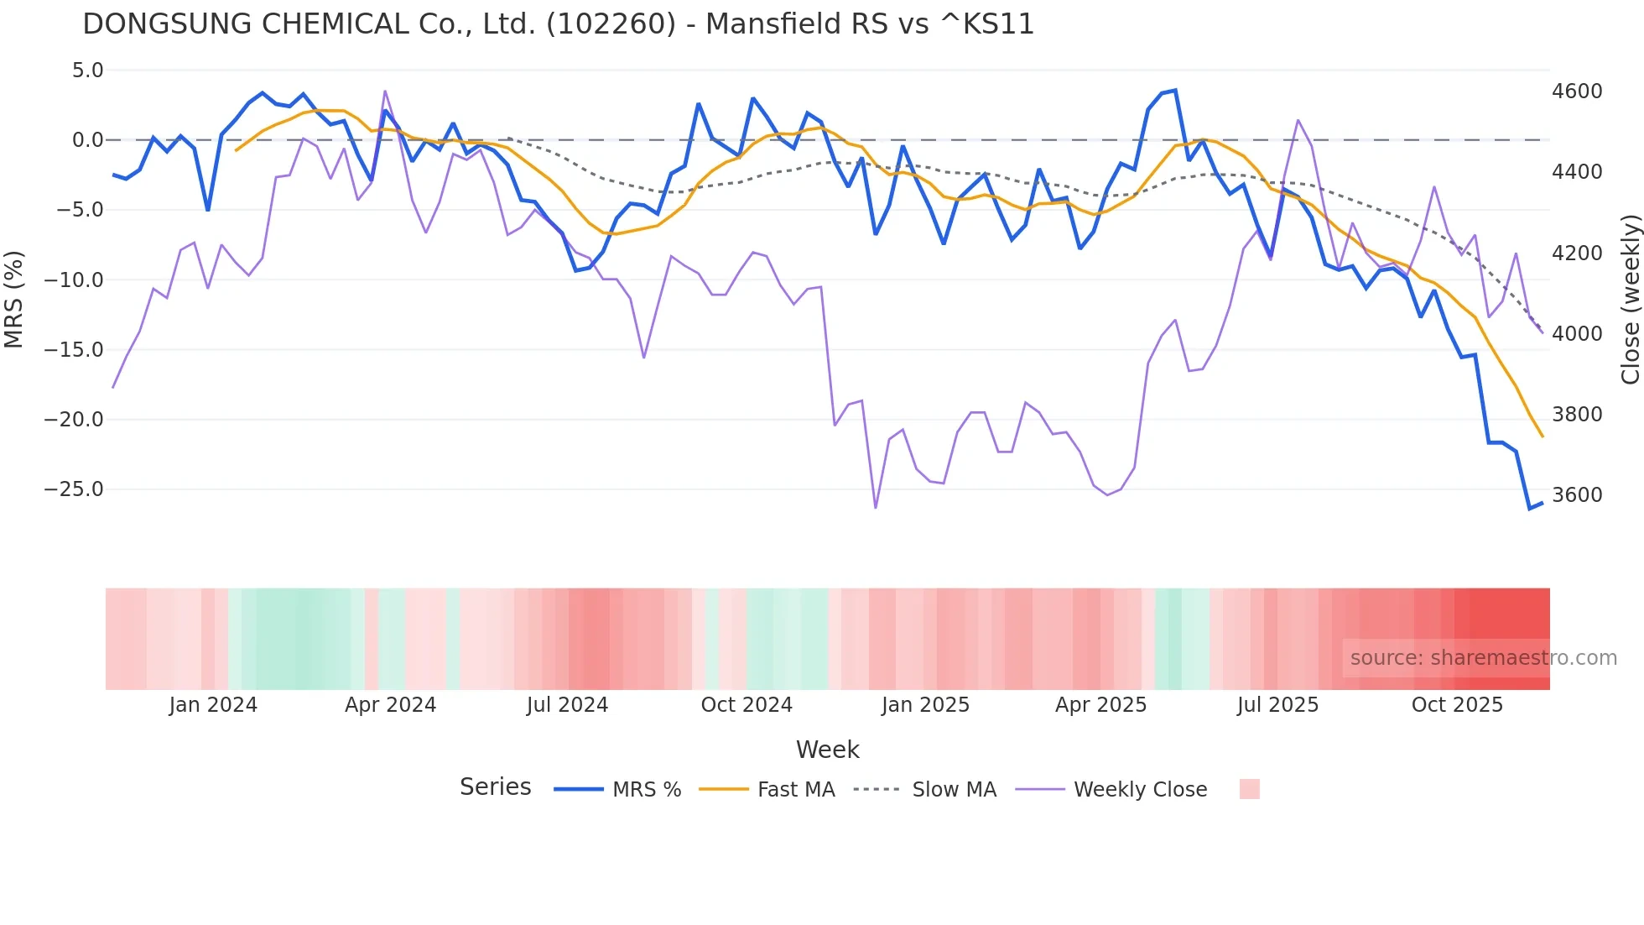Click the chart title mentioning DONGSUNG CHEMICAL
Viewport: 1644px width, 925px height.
click(558, 24)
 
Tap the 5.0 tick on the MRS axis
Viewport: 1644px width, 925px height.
click(87, 71)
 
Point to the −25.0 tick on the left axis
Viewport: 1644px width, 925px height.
click(74, 489)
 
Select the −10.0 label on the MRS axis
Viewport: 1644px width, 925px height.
click(74, 280)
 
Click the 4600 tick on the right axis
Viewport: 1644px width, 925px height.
click(1577, 91)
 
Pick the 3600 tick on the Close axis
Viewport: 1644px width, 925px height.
click(1577, 495)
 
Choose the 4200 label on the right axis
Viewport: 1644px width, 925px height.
click(1577, 253)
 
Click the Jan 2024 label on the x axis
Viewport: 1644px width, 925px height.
click(213, 705)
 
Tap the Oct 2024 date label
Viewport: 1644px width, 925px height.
click(747, 705)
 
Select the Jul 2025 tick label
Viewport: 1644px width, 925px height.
click(1277, 705)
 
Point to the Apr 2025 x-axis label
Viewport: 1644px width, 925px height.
click(1100, 705)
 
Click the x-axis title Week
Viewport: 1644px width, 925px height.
click(827, 750)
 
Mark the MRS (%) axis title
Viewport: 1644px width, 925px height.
click(14, 299)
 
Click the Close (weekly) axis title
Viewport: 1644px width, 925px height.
click(1630, 300)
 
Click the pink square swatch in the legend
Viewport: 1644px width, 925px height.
click(1249, 789)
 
